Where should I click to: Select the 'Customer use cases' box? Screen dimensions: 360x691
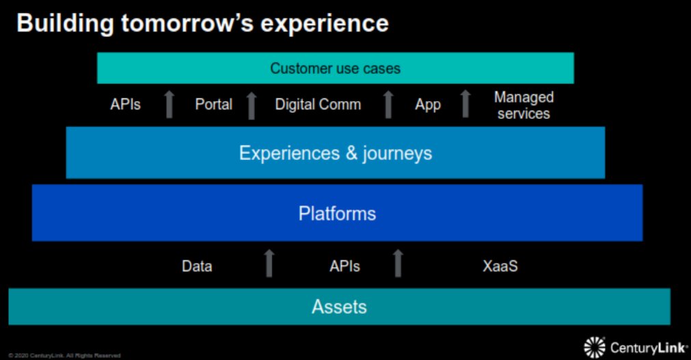[x=335, y=68]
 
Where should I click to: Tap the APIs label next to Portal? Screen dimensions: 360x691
[x=126, y=105]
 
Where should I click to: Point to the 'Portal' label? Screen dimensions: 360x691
[x=214, y=105]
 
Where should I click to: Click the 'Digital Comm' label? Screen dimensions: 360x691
[x=318, y=105]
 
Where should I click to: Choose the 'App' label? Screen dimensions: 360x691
[x=428, y=105]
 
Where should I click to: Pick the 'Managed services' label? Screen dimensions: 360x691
[x=524, y=105]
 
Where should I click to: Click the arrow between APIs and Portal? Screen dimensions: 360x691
[x=170, y=105]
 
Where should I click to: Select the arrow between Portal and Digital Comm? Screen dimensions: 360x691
[x=251, y=105]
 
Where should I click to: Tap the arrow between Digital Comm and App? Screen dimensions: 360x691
[x=388, y=105]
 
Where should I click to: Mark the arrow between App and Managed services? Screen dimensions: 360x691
[x=465, y=104]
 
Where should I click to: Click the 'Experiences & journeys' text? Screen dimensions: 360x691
[x=335, y=152]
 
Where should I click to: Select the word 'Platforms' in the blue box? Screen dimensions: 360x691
[x=337, y=213]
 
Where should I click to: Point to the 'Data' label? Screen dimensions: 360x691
[x=197, y=266]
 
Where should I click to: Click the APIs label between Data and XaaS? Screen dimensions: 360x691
[x=344, y=266]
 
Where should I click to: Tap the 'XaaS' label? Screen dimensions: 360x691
[x=500, y=266]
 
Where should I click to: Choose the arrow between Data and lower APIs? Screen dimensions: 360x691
[x=269, y=264]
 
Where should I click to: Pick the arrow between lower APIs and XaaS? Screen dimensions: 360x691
[x=398, y=264]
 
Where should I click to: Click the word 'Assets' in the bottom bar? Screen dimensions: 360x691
[x=339, y=307]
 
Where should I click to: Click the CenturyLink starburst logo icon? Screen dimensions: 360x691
[x=595, y=347]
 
